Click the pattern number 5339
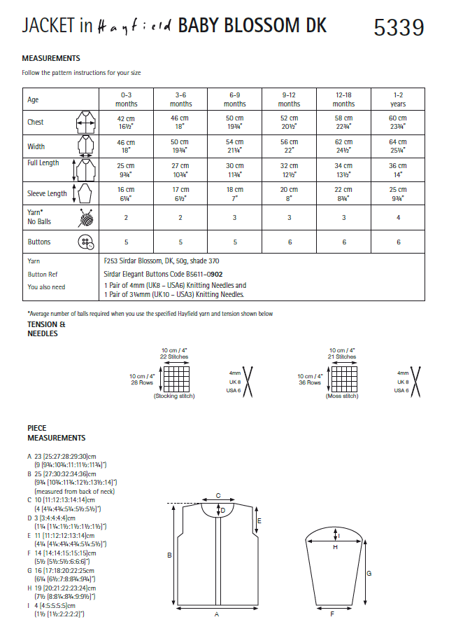[x=399, y=27]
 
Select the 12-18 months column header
[x=343, y=99]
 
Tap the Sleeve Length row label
[x=47, y=193]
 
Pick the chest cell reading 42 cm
[x=126, y=122]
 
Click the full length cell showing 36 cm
[x=397, y=170]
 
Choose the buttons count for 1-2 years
[x=397, y=242]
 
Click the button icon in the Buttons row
[x=85, y=242]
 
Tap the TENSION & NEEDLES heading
[x=47, y=329]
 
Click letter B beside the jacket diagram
[x=169, y=555]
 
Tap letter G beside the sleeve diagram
[x=369, y=573]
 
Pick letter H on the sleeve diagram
[x=335, y=547]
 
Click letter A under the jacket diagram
[x=217, y=614]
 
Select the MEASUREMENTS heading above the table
[x=51, y=58]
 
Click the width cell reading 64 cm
[x=397, y=146]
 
